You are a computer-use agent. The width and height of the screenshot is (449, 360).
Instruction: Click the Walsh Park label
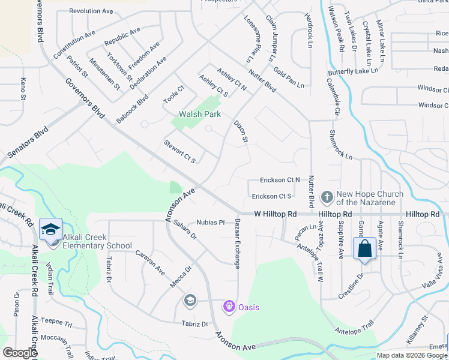200,114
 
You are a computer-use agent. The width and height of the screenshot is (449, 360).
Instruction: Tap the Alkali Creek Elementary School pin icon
50,229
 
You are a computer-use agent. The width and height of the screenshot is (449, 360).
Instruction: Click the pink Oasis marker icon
229,307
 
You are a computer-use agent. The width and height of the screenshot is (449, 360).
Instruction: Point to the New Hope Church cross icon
327,196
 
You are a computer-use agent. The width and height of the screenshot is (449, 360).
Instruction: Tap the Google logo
20,353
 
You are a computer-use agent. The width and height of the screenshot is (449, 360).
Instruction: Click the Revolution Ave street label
91,11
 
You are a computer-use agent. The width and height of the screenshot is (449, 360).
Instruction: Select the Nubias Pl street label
210,222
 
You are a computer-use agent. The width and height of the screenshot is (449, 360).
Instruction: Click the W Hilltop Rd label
276,214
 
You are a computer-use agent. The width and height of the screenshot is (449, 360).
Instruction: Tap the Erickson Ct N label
280,180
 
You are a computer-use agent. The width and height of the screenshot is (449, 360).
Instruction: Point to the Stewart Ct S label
180,151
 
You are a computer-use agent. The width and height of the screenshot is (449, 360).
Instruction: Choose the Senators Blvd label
27,142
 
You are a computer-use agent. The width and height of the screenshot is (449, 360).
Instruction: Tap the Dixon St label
241,131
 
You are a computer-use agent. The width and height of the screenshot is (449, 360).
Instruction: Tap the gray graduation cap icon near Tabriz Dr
190,300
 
